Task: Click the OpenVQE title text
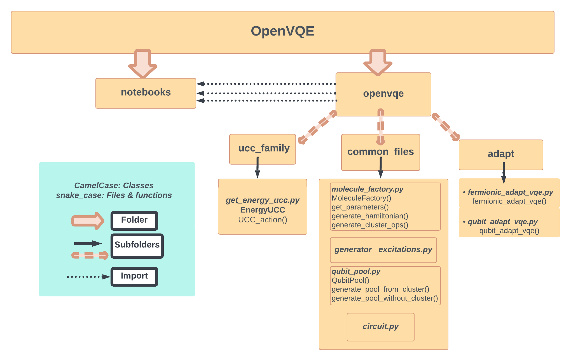[282, 31]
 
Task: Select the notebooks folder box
[146, 93]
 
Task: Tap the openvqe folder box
[383, 94]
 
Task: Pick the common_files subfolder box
[380, 152]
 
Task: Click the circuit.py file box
[380, 327]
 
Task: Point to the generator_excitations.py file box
[383, 250]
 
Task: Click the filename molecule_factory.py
[367, 189]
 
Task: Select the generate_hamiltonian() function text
[370, 216]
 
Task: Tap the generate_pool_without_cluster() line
[385, 298]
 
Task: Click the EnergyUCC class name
[263, 210]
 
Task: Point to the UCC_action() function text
[263, 220]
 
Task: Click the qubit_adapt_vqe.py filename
[502, 222]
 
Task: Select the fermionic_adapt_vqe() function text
[509, 201]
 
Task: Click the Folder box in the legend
[134, 220]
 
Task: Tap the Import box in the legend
[134, 276]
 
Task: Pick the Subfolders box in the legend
[137, 246]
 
